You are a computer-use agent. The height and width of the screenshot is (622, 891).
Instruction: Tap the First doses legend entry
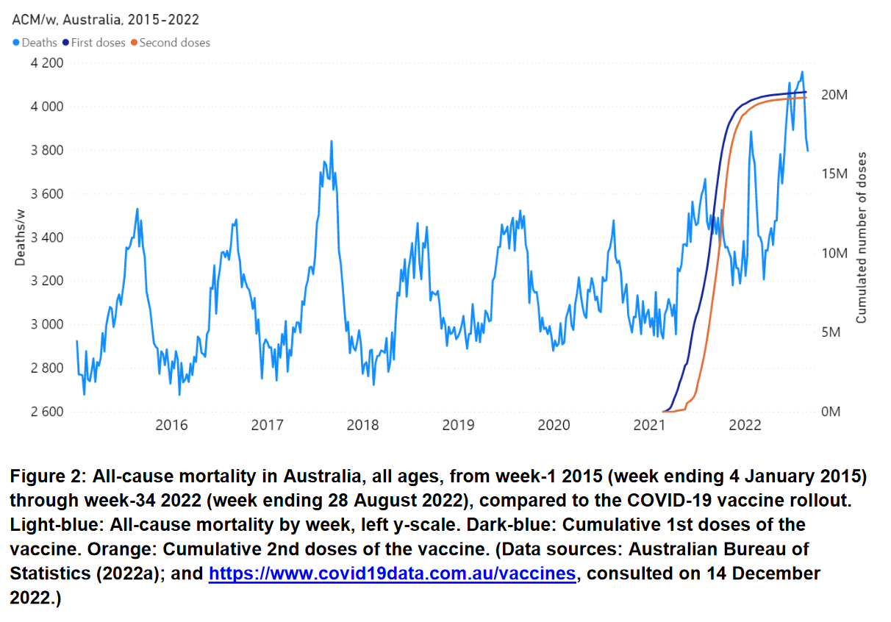point(98,43)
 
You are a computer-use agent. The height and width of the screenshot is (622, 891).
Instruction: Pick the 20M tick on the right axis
point(834,96)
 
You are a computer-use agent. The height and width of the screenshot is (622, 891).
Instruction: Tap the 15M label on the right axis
point(834,174)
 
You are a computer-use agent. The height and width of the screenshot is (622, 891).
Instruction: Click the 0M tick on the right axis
point(830,412)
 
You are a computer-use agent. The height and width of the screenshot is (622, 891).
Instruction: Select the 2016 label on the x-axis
point(171,425)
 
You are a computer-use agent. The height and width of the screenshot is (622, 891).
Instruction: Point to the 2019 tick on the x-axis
point(458,425)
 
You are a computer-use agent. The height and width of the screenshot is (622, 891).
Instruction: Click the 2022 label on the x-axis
point(745,425)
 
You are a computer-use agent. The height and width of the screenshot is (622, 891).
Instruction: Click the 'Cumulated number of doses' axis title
point(861,237)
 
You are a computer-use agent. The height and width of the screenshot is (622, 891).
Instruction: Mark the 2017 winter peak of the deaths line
point(332,141)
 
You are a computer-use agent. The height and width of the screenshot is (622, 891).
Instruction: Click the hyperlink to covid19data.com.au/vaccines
point(392,573)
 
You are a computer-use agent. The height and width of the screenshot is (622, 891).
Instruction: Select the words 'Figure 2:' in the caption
point(44,476)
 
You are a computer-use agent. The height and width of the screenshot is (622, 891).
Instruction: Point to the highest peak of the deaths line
point(802,72)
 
